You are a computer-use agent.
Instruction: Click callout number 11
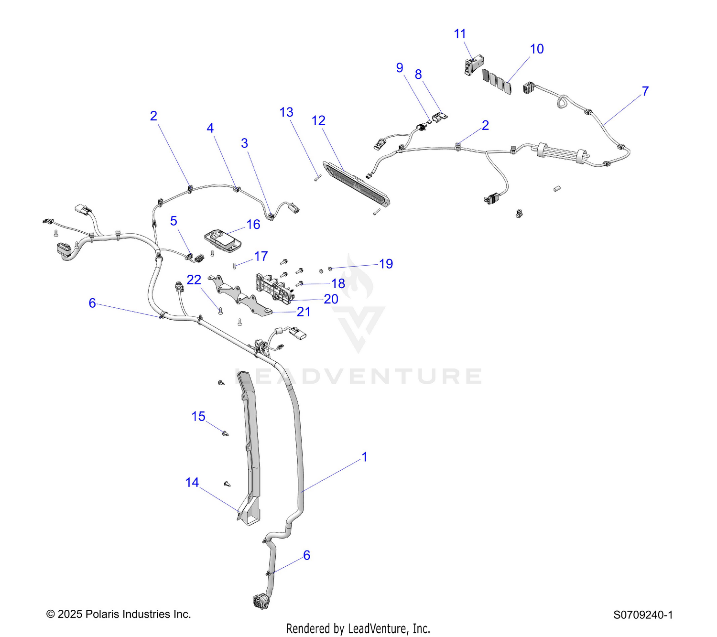click(x=460, y=34)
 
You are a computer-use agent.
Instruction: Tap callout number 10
click(x=536, y=49)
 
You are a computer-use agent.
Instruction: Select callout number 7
click(x=645, y=91)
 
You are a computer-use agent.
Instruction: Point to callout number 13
click(x=286, y=112)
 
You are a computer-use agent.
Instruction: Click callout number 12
click(x=318, y=121)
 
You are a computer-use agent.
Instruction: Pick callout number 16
click(x=253, y=225)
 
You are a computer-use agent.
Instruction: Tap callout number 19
click(x=386, y=264)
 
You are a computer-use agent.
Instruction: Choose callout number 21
click(x=304, y=312)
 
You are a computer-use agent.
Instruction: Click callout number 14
click(x=192, y=482)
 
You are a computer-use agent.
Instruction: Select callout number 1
click(x=365, y=457)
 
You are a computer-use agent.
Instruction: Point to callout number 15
click(x=198, y=416)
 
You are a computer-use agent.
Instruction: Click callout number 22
click(x=194, y=280)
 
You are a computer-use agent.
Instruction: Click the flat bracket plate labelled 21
click(x=240, y=297)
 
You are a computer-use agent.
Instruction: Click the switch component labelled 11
click(x=474, y=64)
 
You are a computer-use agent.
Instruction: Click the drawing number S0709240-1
click(x=643, y=615)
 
